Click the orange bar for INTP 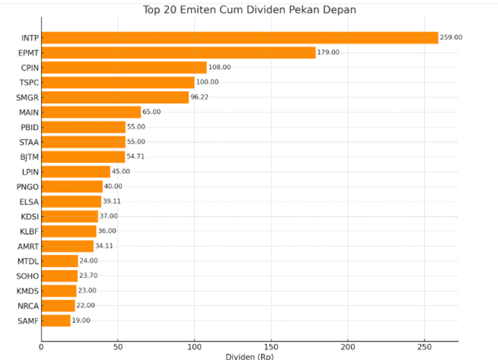pos(239,37)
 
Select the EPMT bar pos(178,52)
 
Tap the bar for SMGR pos(115,97)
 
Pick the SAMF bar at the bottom pos(56,320)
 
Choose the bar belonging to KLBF pos(69,231)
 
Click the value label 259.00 pos(451,37)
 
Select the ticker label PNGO pos(28,186)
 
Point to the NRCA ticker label pos(28,305)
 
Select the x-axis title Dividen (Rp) pos(249,356)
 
